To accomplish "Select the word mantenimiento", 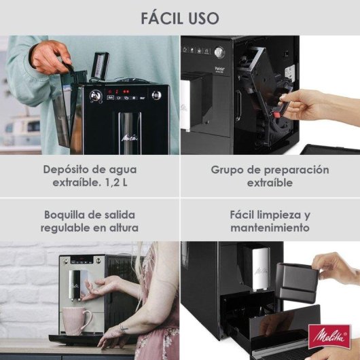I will [x=270, y=228].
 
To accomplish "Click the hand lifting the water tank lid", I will [x=50, y=56].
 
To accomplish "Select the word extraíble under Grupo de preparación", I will [x=270, y=183].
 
